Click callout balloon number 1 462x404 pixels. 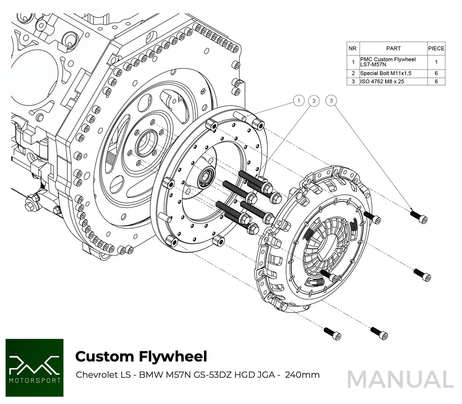(299, 101)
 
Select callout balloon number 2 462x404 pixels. (314, 101)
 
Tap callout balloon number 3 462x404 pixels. (331, 101)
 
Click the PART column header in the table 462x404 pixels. (393, 48)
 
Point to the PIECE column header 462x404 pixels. (436, 48)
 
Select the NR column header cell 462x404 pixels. (353, 48)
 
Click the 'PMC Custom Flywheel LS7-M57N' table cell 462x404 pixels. (393, 62)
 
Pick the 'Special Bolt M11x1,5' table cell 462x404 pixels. (393, 73)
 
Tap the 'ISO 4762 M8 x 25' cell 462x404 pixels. (393, 82)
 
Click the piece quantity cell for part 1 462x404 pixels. (436, 62)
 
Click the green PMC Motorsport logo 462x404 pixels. (34, 367)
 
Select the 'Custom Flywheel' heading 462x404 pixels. (141, 356)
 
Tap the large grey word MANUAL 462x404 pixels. (400, 379)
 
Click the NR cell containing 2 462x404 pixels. (353, 73)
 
